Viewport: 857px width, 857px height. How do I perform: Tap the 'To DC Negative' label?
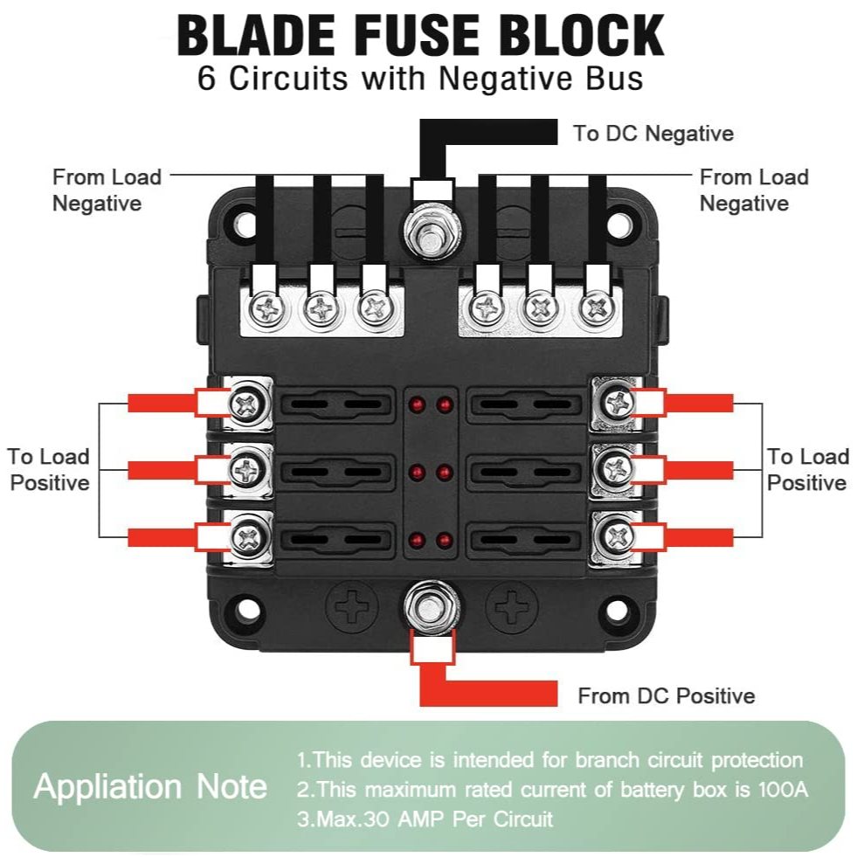click(x=653, y=134)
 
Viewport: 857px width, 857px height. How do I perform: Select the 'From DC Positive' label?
click(x=666, y=695)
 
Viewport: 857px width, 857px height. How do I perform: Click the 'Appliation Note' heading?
click(x=150, y=787)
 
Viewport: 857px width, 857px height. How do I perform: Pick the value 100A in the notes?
click(x=783, y=790)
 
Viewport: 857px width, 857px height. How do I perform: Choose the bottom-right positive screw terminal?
click(x=617, y=536)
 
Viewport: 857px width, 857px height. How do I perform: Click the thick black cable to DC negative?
click(x=489, y=133)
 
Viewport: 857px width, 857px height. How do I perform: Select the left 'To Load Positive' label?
click(x=50, y=469)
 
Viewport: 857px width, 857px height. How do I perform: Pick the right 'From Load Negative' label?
click(x=754, y=190)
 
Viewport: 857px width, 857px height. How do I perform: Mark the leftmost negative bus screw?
click(x=263, y=308)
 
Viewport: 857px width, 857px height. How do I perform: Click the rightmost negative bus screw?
click(x=597, y=308)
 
